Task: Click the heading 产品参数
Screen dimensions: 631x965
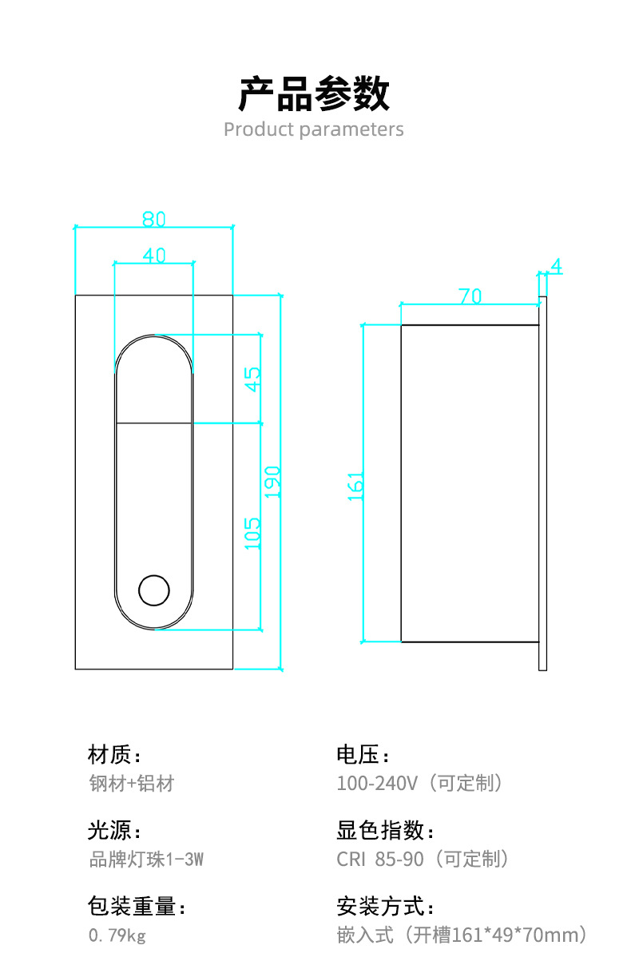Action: [314, 94]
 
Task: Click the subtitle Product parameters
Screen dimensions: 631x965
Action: [314, 129]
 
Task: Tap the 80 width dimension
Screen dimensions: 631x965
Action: [153, 218]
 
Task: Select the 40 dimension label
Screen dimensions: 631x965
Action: [154, 255]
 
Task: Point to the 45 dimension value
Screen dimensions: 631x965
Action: [252, 378]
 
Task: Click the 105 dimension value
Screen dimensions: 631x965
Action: [252, 533]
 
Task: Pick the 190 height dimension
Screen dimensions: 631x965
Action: [272, 482]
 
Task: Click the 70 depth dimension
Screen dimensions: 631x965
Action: [470, 296]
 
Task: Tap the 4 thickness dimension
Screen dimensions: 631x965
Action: [556, 267]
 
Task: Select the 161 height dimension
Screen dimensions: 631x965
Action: [355, 486]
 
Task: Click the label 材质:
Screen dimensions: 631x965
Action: [114, 754]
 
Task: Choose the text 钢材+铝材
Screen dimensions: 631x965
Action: [131, 783]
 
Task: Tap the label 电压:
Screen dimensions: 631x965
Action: [363, 754]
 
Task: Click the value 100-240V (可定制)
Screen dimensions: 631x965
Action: [420, 783]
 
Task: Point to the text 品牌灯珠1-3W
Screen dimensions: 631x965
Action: [145, 860]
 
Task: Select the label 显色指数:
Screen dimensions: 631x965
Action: [386, 831]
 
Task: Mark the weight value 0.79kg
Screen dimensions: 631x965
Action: [117, 935]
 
